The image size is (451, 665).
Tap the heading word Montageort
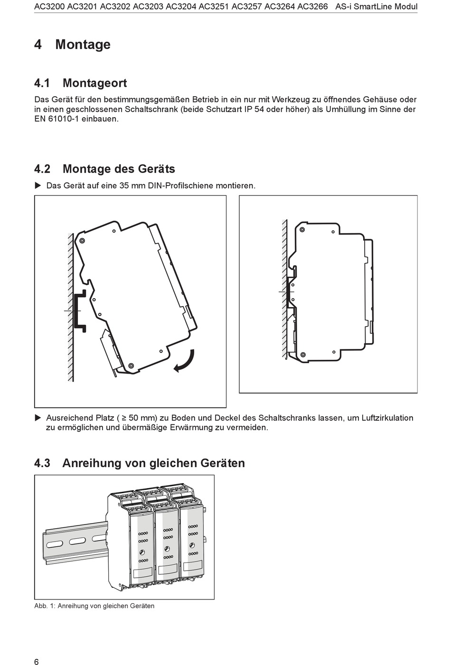pos(94,83)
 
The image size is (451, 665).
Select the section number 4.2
pos(43,169)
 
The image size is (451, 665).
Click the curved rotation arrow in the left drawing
pos(185,361)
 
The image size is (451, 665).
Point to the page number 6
pos(37,649)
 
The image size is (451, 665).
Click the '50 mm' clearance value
pos(142,418)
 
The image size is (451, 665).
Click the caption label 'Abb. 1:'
pos(45,606)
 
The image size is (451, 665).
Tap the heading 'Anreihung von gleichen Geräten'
pos(153,463)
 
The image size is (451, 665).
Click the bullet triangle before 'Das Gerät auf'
pos(38,185)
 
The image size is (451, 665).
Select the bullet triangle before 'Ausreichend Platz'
pos(38,418)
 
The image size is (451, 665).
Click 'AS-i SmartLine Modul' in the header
pos(376,7)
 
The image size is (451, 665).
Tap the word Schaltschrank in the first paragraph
pos(151,109)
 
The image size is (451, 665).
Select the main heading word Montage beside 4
pos(83,45)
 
